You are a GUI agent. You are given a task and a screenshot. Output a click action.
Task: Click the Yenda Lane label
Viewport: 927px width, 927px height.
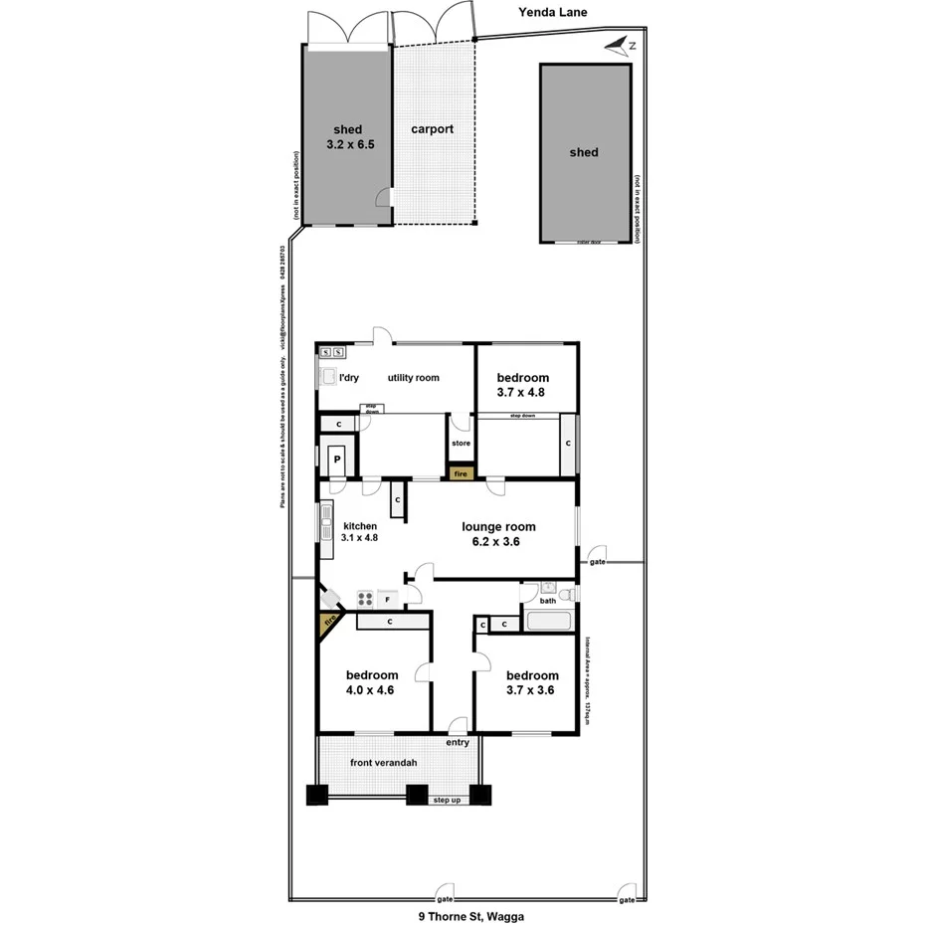[554, 13]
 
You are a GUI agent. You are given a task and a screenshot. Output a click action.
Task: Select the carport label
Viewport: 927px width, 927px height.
[433, 129]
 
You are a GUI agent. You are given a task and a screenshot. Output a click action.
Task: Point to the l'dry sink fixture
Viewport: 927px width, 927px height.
[328, 377]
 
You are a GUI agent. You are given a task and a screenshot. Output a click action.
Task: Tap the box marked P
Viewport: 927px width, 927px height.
[337, 460]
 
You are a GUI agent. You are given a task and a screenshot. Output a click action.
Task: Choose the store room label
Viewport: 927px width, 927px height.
[461, 443]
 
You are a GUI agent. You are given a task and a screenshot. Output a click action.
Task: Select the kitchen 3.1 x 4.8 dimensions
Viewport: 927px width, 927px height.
[360, 538]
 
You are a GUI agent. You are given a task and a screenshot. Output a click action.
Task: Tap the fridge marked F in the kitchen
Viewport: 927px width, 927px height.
[387, 600]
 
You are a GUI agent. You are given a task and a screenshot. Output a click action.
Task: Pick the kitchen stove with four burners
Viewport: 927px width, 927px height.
[365, 599]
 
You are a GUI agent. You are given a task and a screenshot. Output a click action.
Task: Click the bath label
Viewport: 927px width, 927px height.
[548, 601]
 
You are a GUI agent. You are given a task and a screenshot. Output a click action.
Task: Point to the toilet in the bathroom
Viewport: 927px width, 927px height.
[566, 595]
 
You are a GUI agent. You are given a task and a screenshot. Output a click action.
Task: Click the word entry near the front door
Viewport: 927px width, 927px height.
[458, 743]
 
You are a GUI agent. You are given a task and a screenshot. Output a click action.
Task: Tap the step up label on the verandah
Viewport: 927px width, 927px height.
[447, 800]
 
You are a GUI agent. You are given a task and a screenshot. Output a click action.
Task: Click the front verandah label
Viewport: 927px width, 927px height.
[383, 763]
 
